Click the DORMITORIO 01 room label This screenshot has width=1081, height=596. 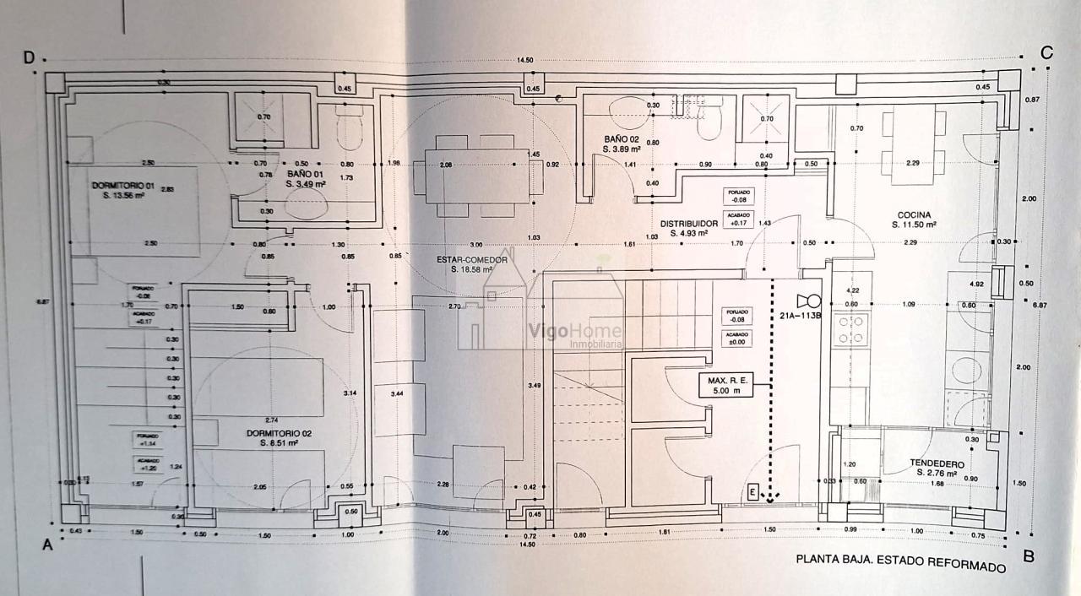pos(122,184)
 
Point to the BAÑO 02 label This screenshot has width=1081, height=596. pos(622,138)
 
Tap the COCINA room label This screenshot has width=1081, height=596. pos(915,214)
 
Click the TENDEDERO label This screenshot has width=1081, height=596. pos(937,463)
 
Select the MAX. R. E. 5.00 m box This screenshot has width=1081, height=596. pos(723,386)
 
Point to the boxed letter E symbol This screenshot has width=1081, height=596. pos(753,490)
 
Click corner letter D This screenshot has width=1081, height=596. pos(29,57)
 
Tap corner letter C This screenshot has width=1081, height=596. pos(1046,52)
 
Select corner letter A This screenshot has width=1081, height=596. pos(47,545)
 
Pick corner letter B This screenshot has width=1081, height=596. pos(1029,556)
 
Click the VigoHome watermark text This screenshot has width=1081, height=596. pos(574,332)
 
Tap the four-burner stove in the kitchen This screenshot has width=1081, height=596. pos(851,329)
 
